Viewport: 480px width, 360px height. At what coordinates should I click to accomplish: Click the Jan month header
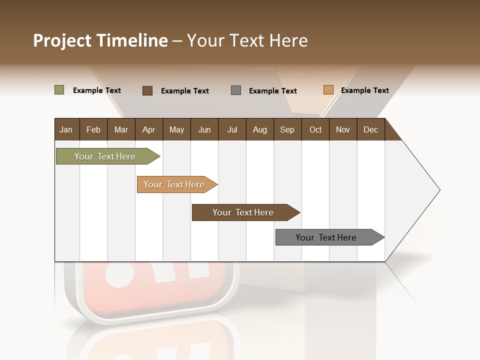pyautogui.click(x=66, y=130)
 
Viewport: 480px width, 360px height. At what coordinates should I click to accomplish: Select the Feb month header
pyautogui.click(x=93, y=130)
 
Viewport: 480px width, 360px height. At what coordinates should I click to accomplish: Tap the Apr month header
pyautogui.click(x=148, y=130)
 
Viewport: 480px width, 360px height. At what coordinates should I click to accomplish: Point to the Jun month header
pyautogui.click(x=204, y=130)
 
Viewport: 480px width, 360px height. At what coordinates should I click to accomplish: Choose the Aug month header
pyautogui.click(x=259, y=130)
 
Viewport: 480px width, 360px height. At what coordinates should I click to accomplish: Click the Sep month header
pyautogui.click(x=287, y=130)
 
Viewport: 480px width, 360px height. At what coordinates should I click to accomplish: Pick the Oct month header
pyautogui.click(x=315, y=130)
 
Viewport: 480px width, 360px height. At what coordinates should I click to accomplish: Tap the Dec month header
pyautogui.click(x=370, y=130)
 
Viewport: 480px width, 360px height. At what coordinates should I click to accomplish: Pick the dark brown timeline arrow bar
pyautogui.click(x=243, y=212)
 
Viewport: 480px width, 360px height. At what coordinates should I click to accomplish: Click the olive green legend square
pyautogui.click(x=59, y=90)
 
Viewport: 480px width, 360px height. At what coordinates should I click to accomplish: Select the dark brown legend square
pyautogui.click(x=147, y=90)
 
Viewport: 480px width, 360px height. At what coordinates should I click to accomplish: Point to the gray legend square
pyautogui.click(x=236, y=90)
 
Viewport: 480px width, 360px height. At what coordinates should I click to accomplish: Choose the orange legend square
pyautogui.click(x=328, y=90)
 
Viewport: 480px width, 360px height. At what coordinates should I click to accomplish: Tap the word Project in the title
pyautogui.click(x=62, y=40)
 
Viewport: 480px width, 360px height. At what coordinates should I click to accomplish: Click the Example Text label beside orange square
pyautogui.click(x=364, y=90)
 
